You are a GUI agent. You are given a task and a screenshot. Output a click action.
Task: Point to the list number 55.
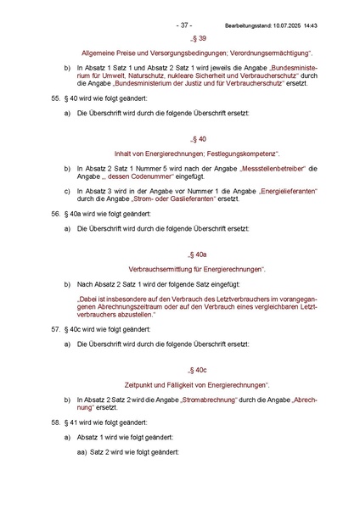[x=56, y=99]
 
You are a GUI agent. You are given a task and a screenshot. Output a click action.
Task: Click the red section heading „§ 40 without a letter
[x=197, y=138]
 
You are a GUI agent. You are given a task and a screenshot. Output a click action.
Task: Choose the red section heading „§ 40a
[x=197, y=254]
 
